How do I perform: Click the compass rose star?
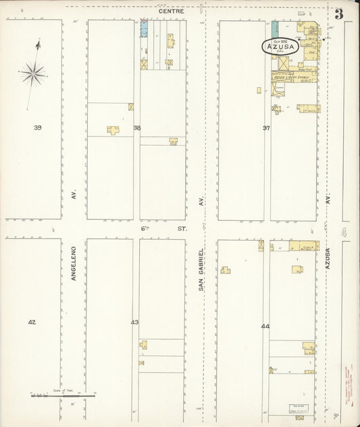32,72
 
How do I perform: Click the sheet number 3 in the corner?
338,14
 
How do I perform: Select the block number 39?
38,127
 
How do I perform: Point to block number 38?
137,127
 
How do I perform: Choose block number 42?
32,322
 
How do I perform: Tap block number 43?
135,322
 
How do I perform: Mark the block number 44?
265,326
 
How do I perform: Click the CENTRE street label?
171,11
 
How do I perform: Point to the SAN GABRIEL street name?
201,268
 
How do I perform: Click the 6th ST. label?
163,229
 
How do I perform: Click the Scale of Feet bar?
62,395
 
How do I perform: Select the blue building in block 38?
143,28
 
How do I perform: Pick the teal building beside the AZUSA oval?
275,29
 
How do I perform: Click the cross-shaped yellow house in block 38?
113,129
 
